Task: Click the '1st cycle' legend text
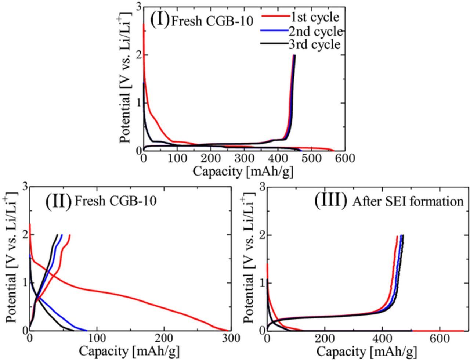tap(315, 17)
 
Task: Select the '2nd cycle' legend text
tap(315, 31)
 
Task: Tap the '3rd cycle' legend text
tap(314, 44)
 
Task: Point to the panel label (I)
tap(160, 19)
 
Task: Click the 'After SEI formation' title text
tap(408, 201)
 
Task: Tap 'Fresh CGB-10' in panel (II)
tap(116, 201)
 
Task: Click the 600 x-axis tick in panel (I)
tap(344, 158)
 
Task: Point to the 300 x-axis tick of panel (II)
tap(230, 338)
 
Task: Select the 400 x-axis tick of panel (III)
tap(382, 338)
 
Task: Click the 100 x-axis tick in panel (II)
tap(97, 338)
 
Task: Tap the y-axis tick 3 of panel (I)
tap(138, 7)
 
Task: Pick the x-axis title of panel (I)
tap(243, 171)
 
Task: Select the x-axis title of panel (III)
tap(366, 351)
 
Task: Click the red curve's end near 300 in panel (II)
tap(226, 330)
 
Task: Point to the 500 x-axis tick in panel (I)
tap(311, 158)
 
